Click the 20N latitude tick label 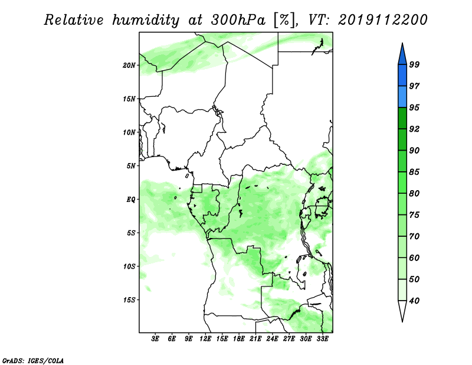129,65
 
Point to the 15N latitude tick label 129,99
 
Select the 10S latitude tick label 129,266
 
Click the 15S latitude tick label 129,300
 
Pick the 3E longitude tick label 155,340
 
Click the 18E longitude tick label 239,340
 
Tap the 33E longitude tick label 323,340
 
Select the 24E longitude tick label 273,340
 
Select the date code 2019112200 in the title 383,20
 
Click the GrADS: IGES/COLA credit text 32,360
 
